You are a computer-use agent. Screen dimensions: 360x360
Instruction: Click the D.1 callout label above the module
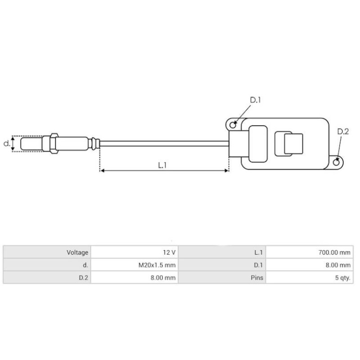[x=255, y=100]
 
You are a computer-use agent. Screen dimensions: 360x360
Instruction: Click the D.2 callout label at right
[x=343, y=132]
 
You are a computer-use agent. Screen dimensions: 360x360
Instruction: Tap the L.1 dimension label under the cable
[x=162, y=165]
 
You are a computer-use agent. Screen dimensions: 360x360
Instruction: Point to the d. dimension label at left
[x=6, y=144]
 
